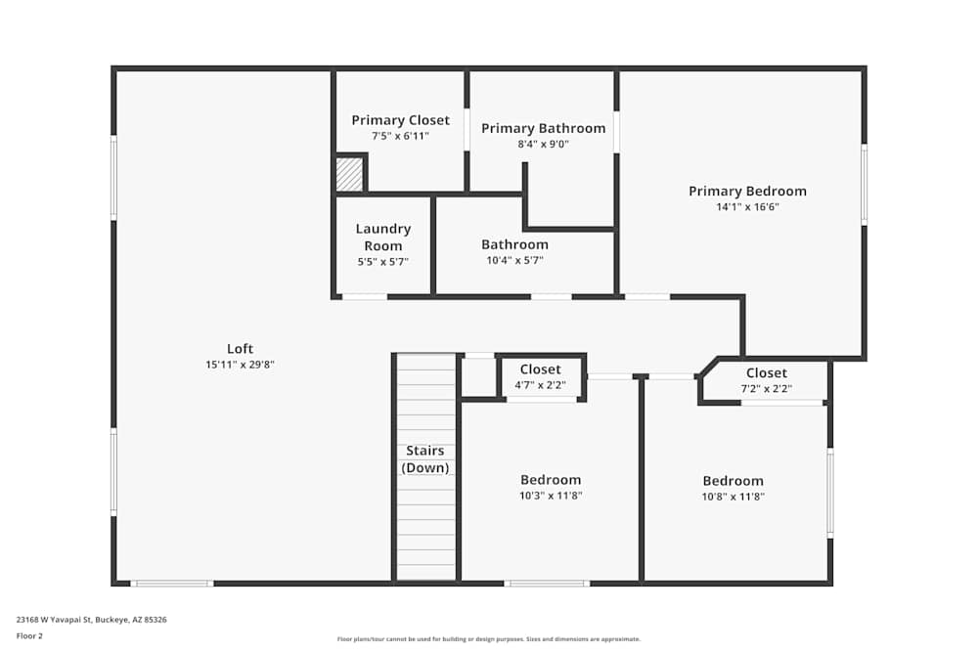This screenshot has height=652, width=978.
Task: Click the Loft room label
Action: tap(240, 349)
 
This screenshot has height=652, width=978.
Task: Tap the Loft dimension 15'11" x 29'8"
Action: tap(240, 365)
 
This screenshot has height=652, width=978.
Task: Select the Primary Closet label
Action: tap(400, 120)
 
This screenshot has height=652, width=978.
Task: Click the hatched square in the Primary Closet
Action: tap(349, 175)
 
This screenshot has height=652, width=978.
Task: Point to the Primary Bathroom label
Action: tap(543, 128)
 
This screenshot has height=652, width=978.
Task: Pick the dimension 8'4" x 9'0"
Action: tap(543, 144)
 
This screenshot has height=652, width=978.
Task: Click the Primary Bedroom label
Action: tap(747, 192)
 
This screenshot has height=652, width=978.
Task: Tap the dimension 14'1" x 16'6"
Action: tap(747, 207)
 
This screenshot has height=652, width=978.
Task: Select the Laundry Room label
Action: tap(382, 238)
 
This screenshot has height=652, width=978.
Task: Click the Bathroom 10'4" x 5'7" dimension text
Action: tap(514, 261)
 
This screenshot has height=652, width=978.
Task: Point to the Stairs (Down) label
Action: tap(425, 459)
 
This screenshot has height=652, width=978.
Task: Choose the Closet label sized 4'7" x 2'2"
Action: tap(540, 369)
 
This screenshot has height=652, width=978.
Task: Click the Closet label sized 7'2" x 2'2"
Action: tap(766, 373)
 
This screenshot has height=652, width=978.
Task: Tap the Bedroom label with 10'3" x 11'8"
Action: tap(550, 480)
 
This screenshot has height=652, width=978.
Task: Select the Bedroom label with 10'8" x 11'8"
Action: tap(733, 481)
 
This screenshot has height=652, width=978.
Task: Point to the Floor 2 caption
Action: tap(29, 634)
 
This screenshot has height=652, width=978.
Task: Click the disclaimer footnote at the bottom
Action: tap(488, 639)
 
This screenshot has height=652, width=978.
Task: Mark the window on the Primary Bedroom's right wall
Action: tap(864, 185)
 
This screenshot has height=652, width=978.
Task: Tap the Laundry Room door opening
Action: tap(364, 296)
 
